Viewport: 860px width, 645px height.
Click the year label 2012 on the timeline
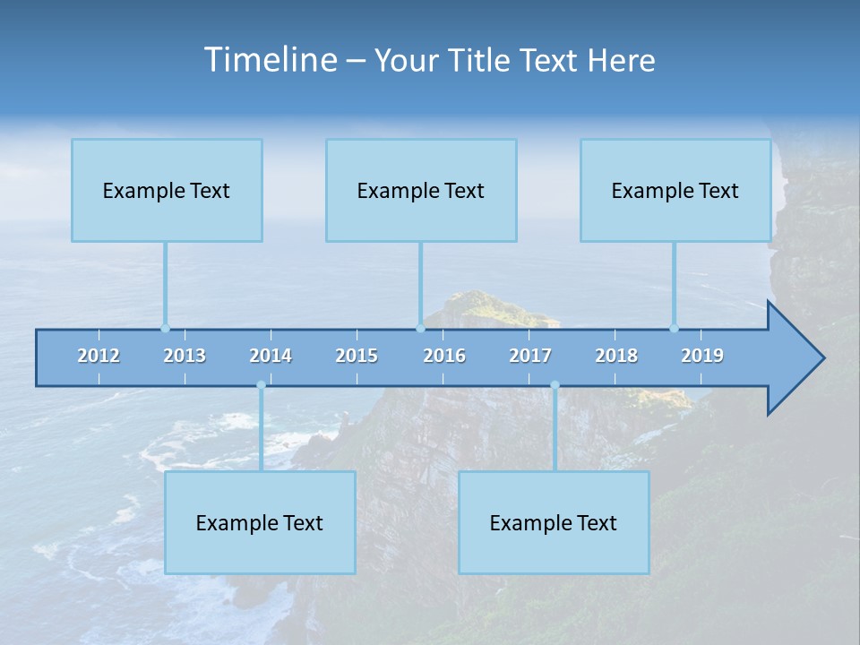click(99, 356)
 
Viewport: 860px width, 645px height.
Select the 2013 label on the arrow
click(185, 356)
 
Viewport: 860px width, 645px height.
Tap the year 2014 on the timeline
click(271, 356)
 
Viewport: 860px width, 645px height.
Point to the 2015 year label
click(357, 356)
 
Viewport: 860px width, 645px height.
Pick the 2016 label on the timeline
click(444, 356)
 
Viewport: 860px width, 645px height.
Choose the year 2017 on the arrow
click(530, 356)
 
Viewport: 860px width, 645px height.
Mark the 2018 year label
click(616, 356)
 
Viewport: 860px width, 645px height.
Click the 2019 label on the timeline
click(702, 356)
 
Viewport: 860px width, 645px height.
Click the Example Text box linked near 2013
click(167, 191)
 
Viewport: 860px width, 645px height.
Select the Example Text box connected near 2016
click(421, 191)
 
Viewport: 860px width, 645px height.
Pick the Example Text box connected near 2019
click(675, 191)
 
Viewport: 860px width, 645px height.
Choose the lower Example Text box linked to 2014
click(260, 523)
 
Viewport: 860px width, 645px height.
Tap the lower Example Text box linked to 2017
click(554, 523)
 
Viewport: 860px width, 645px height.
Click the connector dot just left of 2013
click(165, 329)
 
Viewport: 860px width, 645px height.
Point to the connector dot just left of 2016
click(420, 329)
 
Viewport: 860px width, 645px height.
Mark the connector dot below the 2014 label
click(261, 385)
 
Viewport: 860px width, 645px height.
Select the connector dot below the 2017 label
click(555, 385)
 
